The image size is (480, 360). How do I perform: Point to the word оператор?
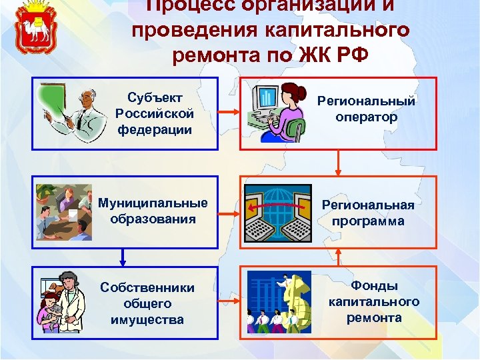(366, 117)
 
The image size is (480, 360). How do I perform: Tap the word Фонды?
(374, 285)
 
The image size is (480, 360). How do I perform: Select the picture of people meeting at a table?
(64, 212)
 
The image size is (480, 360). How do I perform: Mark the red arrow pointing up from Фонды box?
(339, 255)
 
